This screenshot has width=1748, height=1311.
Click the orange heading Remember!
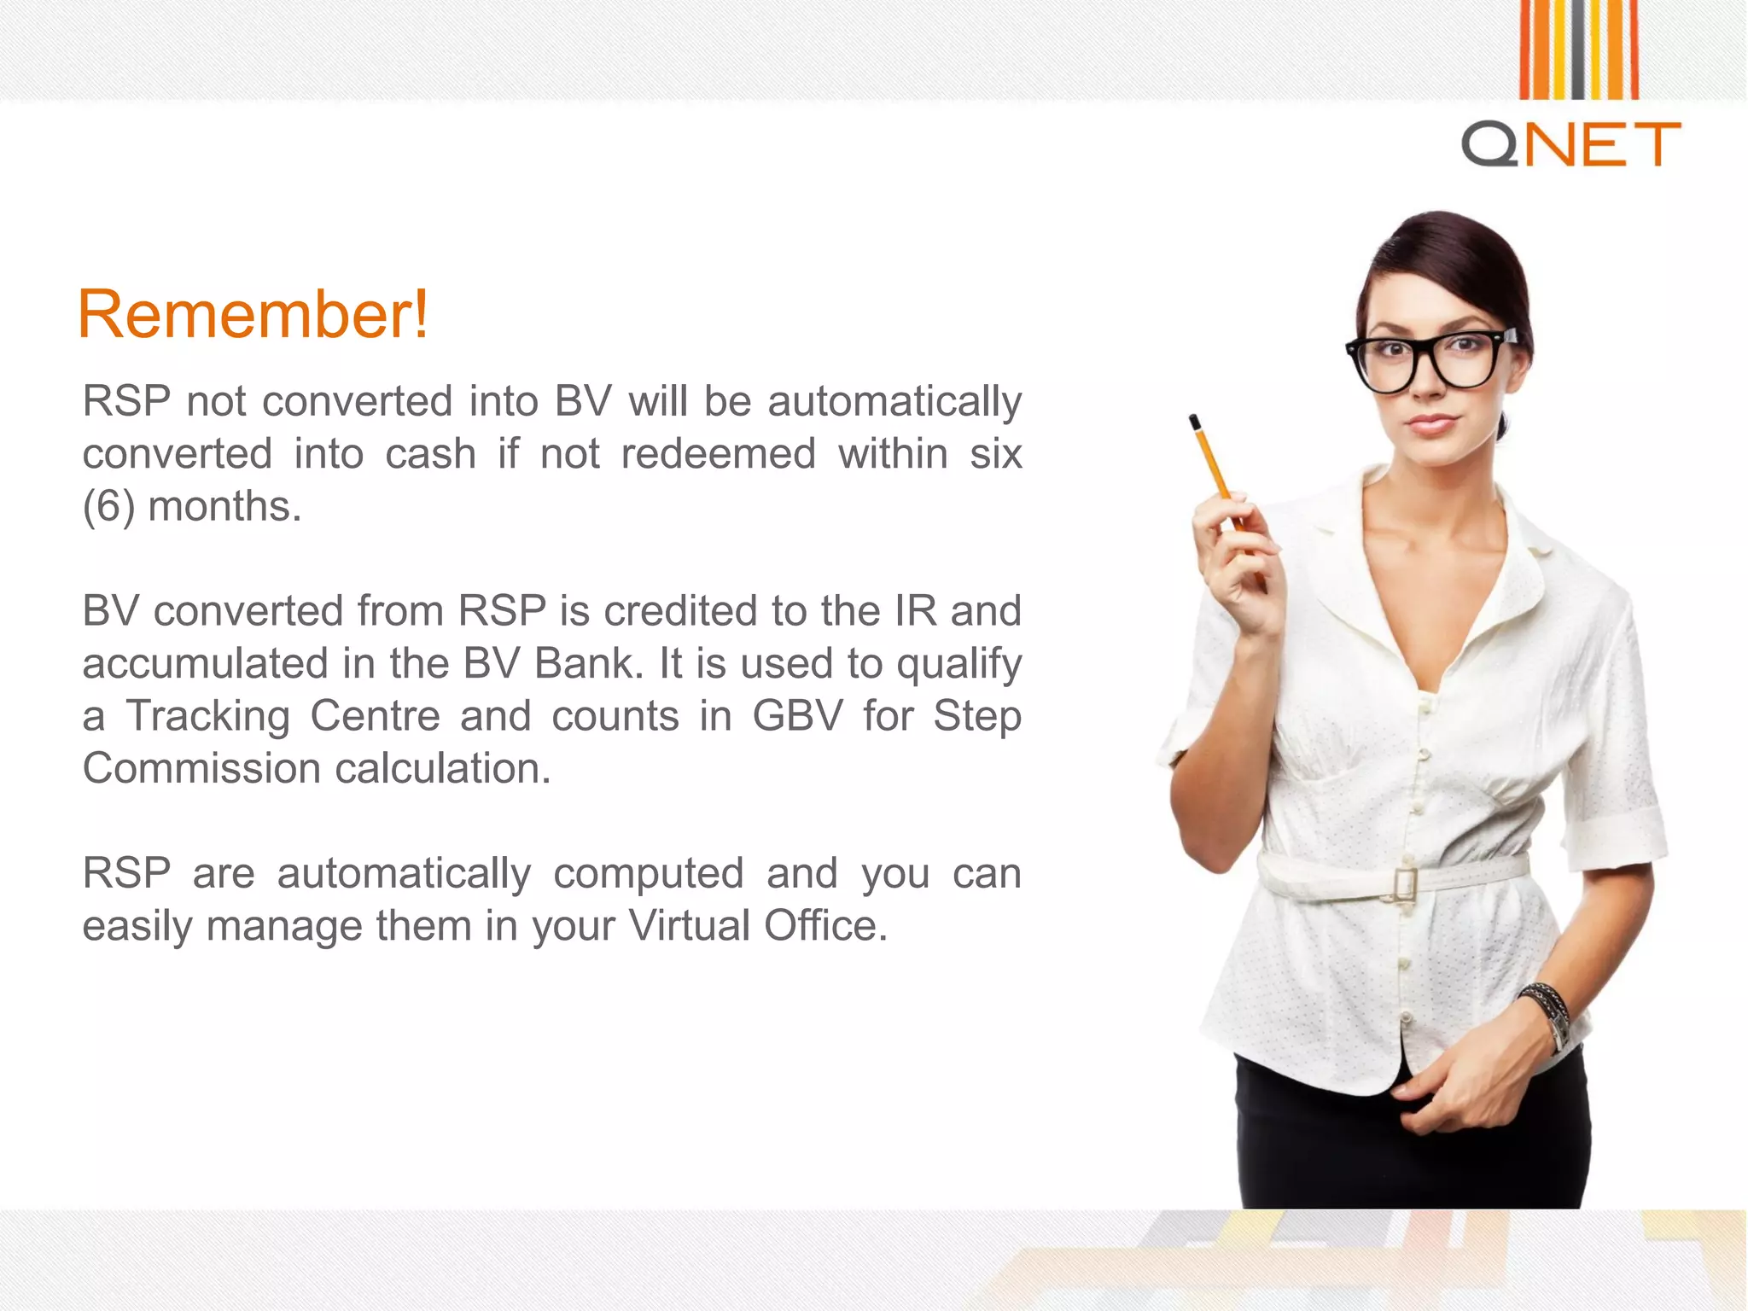(x=253, y=315)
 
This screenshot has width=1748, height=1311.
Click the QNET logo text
(x=1570, y=143)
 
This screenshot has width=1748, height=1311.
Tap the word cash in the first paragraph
(x=430, y=453)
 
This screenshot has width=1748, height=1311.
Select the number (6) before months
(x=108, y=506)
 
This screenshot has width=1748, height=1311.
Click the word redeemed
(x=718, y=453)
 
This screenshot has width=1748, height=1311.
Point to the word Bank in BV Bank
(x=588, y=663)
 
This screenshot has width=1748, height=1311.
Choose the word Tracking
(x=208, y=716)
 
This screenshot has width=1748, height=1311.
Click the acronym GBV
(x=796, y=716)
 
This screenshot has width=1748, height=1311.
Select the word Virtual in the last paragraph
(x=689, y=926)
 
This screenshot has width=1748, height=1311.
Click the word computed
(x=649, y=873)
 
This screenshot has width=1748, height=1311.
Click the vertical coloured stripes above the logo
(x=1578, y=49)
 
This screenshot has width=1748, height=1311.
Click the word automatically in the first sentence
(x=894, y=401)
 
